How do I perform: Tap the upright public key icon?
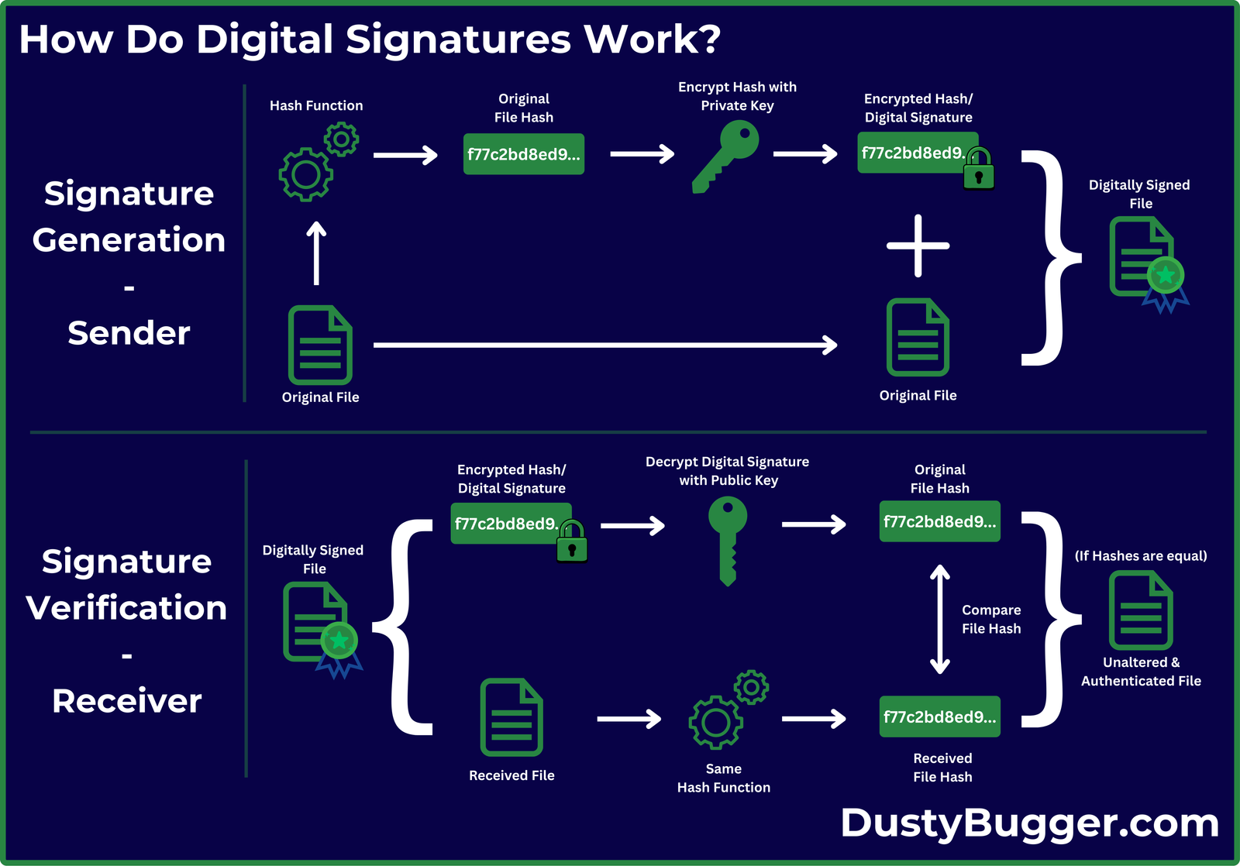(x=728, y=538)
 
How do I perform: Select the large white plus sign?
(x=918, y=246)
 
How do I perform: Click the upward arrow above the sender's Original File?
(x=316, y=253)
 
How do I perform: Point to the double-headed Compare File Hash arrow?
(x=940, y=619)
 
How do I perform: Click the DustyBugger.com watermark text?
(x=1030, y=823)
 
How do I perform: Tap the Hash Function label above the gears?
(x=316, y=105)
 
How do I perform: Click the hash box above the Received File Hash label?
(x=939, y=717)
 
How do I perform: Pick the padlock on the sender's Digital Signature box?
(x=979, y=170)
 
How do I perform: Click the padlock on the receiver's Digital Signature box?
(x=572, y=542)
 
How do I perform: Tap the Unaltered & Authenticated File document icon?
(x=1141, y=610)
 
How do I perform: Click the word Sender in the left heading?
(x=129, y=333)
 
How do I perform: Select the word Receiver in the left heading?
(x=127, y=701)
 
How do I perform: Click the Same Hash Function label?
(x=724, y=778)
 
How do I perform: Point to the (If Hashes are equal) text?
(x=1141, y=555)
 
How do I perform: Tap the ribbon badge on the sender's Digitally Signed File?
(x=1166, y=283)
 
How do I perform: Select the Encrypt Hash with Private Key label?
(x=737, y=96)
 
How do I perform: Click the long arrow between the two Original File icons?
(x=604, y=345)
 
